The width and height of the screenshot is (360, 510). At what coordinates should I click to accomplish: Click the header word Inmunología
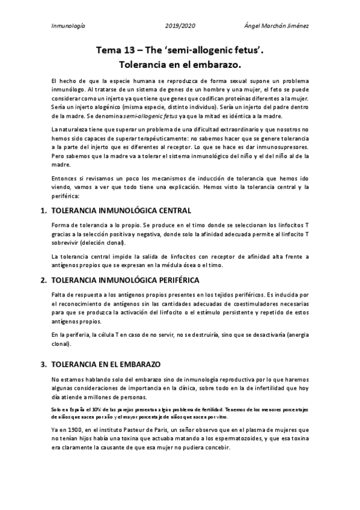pos(69,26)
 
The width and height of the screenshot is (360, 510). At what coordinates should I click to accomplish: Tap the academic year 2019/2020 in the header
pos(180,26)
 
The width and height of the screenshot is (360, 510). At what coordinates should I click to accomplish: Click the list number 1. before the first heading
pos(43,211)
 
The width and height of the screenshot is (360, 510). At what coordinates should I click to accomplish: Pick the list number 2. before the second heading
pos(43,280)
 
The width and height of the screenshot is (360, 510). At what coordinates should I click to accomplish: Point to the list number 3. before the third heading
pos(43,364)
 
